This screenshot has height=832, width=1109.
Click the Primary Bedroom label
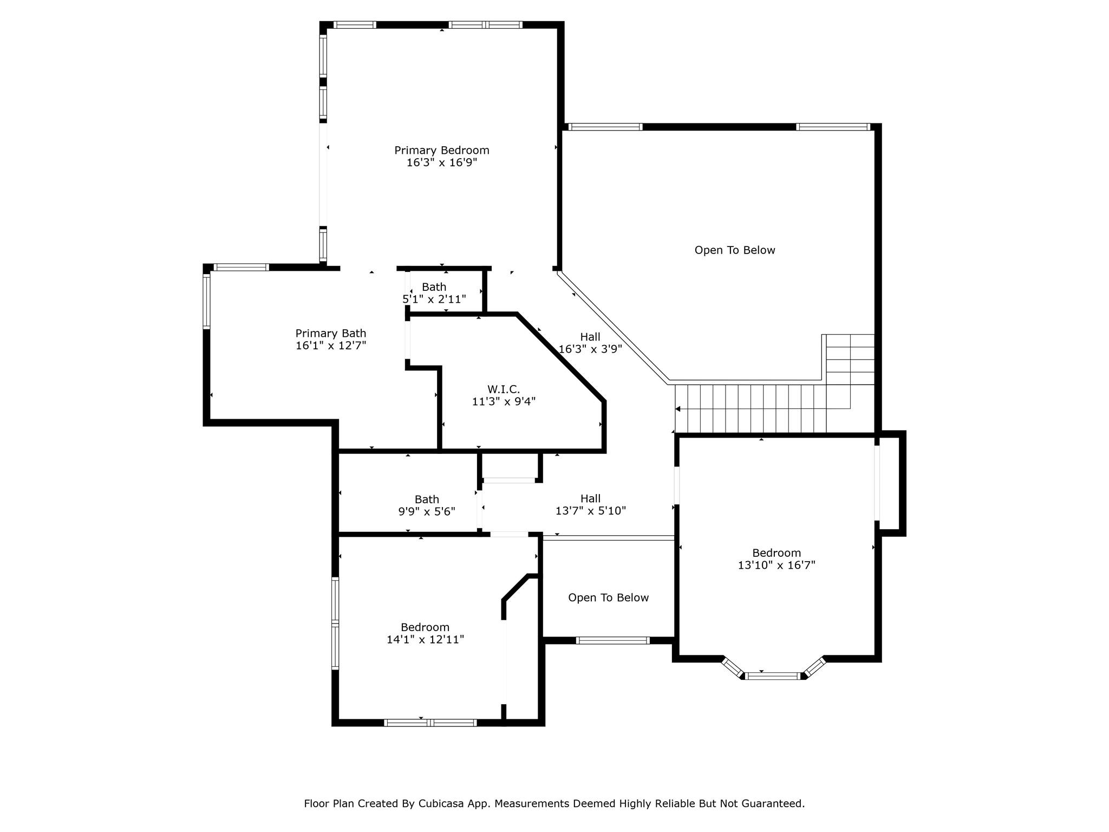tap(441, 150)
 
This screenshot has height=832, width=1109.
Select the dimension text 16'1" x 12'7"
tap(331, 346)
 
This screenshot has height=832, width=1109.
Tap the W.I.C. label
tap(503, 389)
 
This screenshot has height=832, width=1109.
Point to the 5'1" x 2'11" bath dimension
tap(434, 299)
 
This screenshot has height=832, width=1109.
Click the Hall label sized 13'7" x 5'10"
tap(590, 498)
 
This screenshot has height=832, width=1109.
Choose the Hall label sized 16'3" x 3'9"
tap(590, 337)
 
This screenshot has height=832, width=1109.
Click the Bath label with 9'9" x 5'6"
tap(427, 499)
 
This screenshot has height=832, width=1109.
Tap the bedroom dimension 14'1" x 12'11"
tap(425, 640)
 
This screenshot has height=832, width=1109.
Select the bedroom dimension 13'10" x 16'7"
tap(777, 565)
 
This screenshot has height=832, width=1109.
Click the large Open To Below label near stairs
tap(734, 250)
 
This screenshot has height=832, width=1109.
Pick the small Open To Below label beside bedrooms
tap(608, 597)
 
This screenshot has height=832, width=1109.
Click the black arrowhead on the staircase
tap(677, 409)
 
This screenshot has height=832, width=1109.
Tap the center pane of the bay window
tap(773, 675)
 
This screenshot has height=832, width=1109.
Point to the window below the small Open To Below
tap(612, 640)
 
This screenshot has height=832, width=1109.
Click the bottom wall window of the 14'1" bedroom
tap(430, 722)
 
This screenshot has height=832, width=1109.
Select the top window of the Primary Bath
tap(242, 267)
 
